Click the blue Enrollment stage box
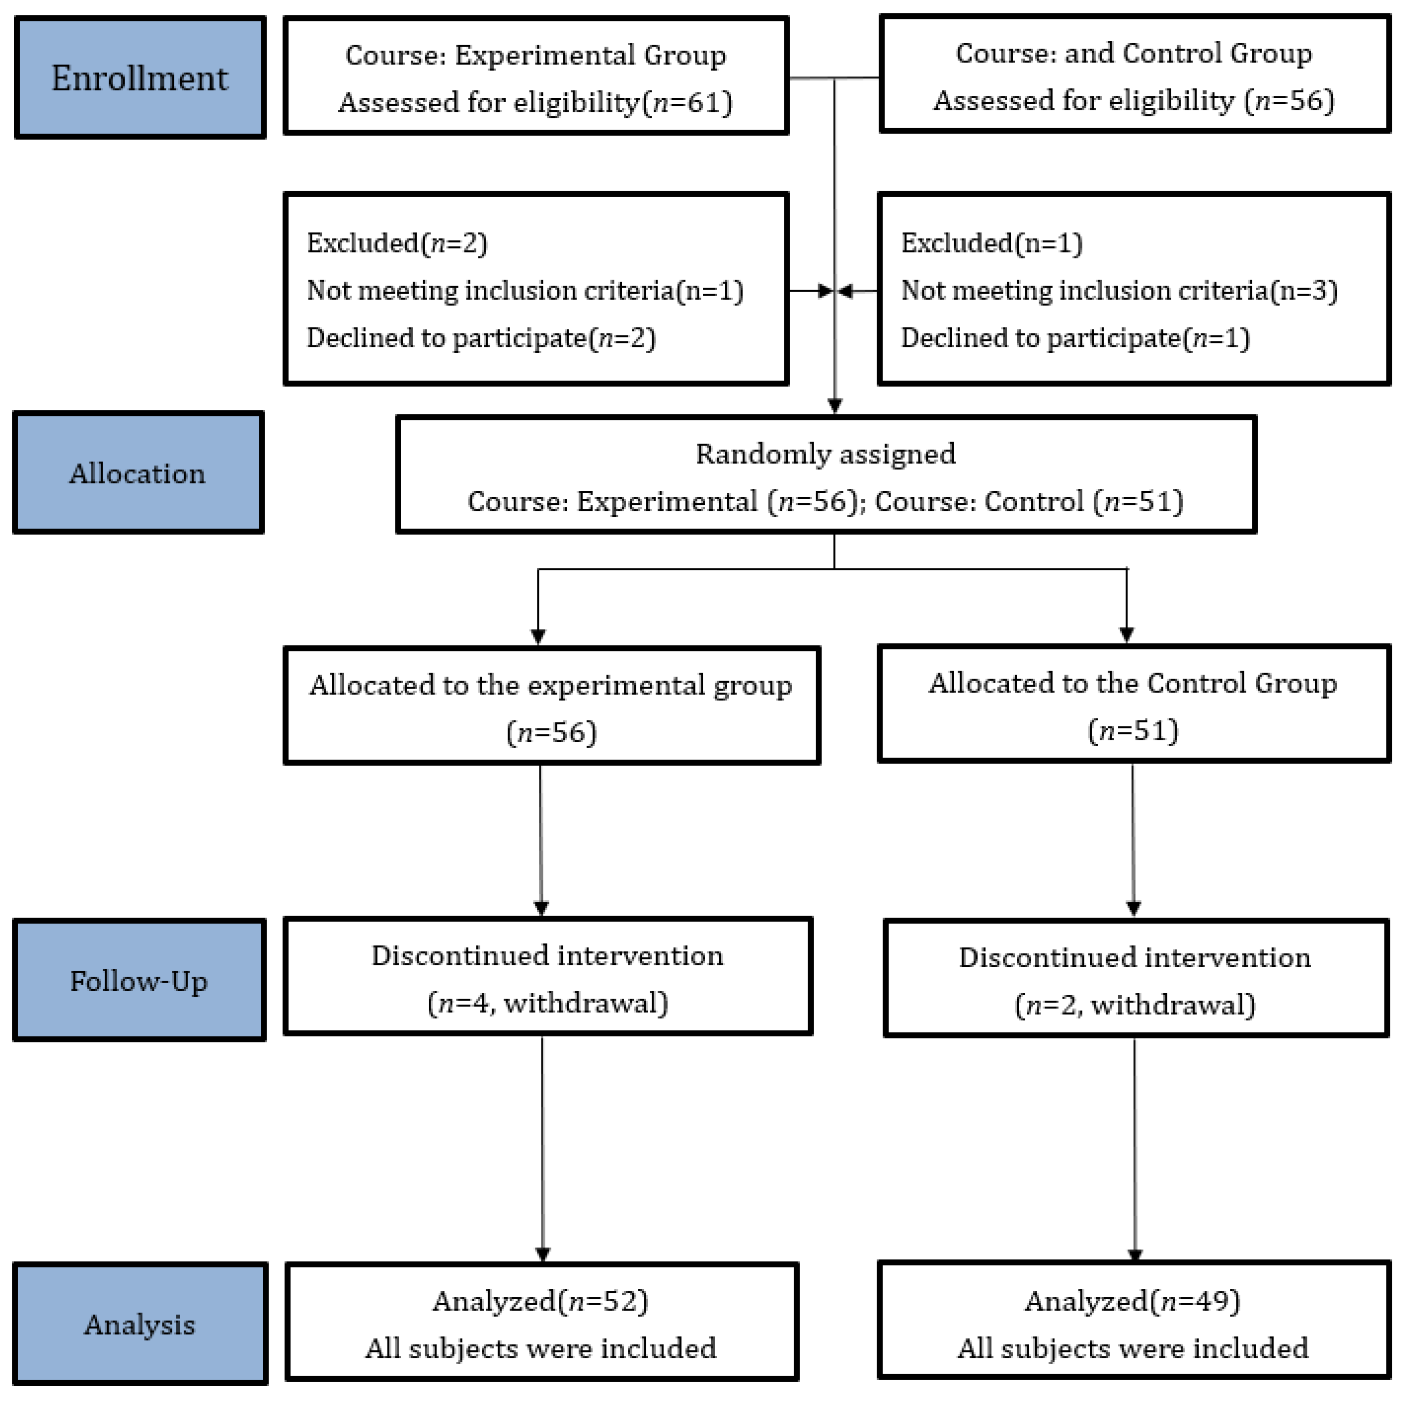click(140, 78)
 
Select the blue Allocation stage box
click(138, 473)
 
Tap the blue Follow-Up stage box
click(138, 981)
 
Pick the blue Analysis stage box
click(140, 1324)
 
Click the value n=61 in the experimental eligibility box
click(689, 103)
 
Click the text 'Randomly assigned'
click(825, 454)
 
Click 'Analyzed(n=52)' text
click(540, 1301)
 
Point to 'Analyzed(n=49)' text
click(1132, 1301)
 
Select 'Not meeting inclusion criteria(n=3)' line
click(1119, 291)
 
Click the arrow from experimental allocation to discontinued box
click(541, 839)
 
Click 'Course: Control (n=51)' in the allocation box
click(1029, 502)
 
